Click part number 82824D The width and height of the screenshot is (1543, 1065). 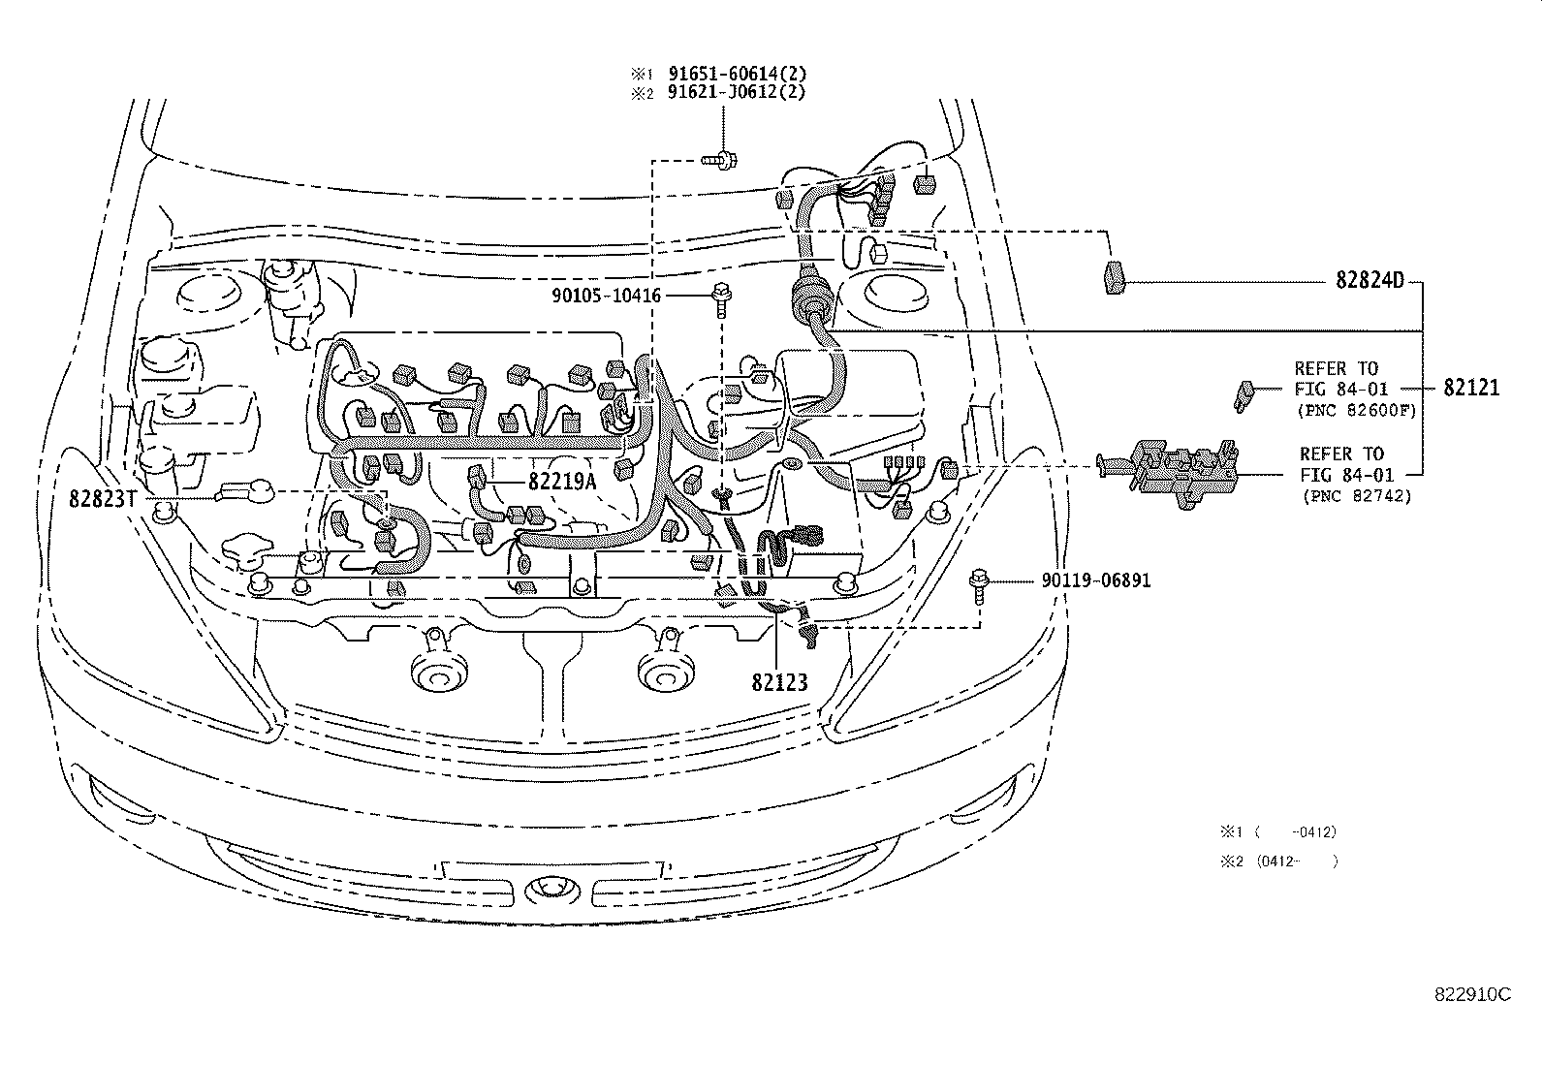pos(1370,282)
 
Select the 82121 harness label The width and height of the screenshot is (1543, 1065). pos(1470,388)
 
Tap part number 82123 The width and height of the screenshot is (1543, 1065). pos(778,682)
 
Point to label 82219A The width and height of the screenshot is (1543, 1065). pos(562,480)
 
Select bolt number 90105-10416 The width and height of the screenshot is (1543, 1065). pos(603,294)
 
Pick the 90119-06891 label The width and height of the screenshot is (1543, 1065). pos(1095,581)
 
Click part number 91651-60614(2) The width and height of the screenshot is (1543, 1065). pos(736,74)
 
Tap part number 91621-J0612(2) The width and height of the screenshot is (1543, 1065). pos(736,93)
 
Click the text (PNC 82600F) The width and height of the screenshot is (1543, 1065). pos(1356,411)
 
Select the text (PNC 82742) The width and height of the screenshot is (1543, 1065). pos(1356,496)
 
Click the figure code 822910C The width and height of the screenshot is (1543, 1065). pos(1472,994)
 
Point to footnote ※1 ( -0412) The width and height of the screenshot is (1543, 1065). pos(1278,831)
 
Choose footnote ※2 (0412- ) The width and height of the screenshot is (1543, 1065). pos(1278,861)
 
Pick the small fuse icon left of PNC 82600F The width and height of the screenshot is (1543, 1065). pos(1244,395)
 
